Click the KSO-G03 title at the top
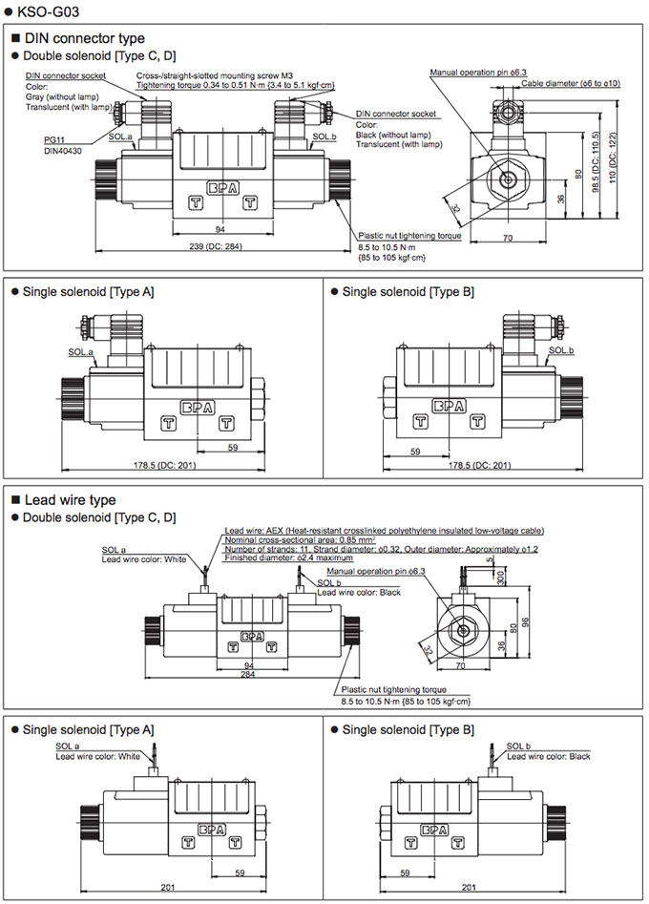point(41,11)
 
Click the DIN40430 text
point(63,151)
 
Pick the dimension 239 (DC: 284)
point(216,246)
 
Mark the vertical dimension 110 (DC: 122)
point(613,158)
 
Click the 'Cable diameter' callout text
point(571,84)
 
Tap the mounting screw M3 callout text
point(215,75)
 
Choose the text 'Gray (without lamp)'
point(62,96)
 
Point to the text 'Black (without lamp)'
point(393,135)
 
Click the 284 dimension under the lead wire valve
point(248,674)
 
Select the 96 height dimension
point(525,622)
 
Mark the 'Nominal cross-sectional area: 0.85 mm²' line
point(301,540)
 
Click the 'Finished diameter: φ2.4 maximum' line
point(289,557)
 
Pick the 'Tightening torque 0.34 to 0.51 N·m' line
point(236,85)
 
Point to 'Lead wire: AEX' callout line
point(384,531)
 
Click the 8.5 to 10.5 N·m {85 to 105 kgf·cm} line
point(406,702)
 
